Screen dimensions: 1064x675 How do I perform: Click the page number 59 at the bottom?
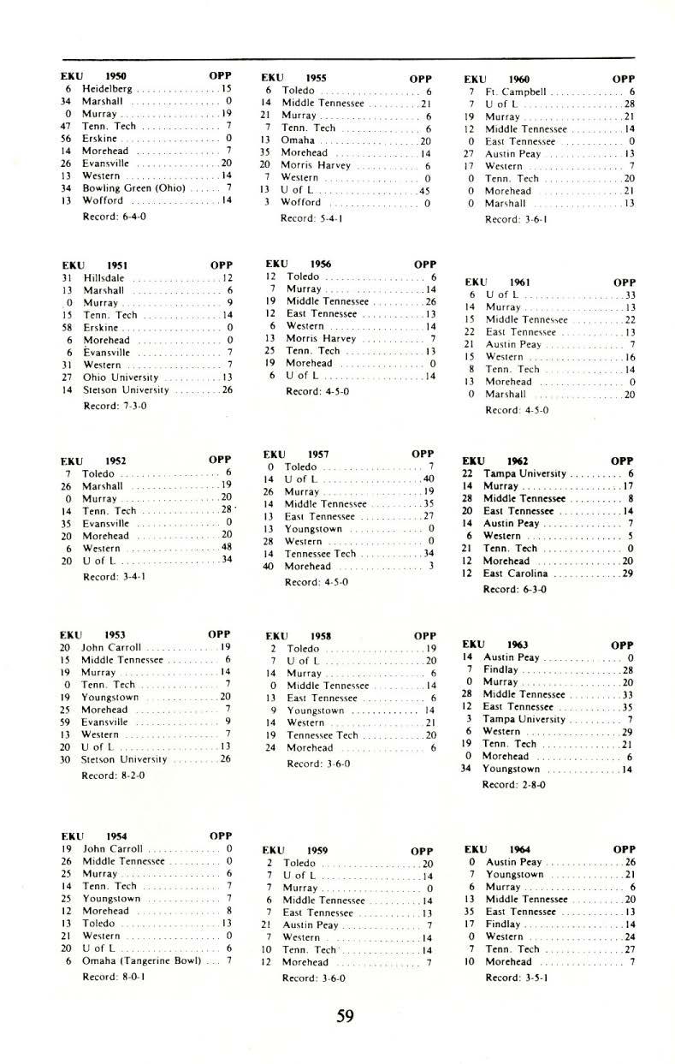tap(345, 1016)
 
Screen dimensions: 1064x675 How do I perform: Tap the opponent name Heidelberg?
tap(107, 88)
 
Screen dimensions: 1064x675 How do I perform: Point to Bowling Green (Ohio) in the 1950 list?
tap(133, 188)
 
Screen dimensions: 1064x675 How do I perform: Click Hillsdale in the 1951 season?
tap(104, 277)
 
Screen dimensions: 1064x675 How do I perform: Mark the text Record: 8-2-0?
tap(113, 776)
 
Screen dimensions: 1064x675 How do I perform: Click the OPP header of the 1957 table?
tap(423, 454)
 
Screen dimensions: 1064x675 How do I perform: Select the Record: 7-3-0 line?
tap(115, 406)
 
